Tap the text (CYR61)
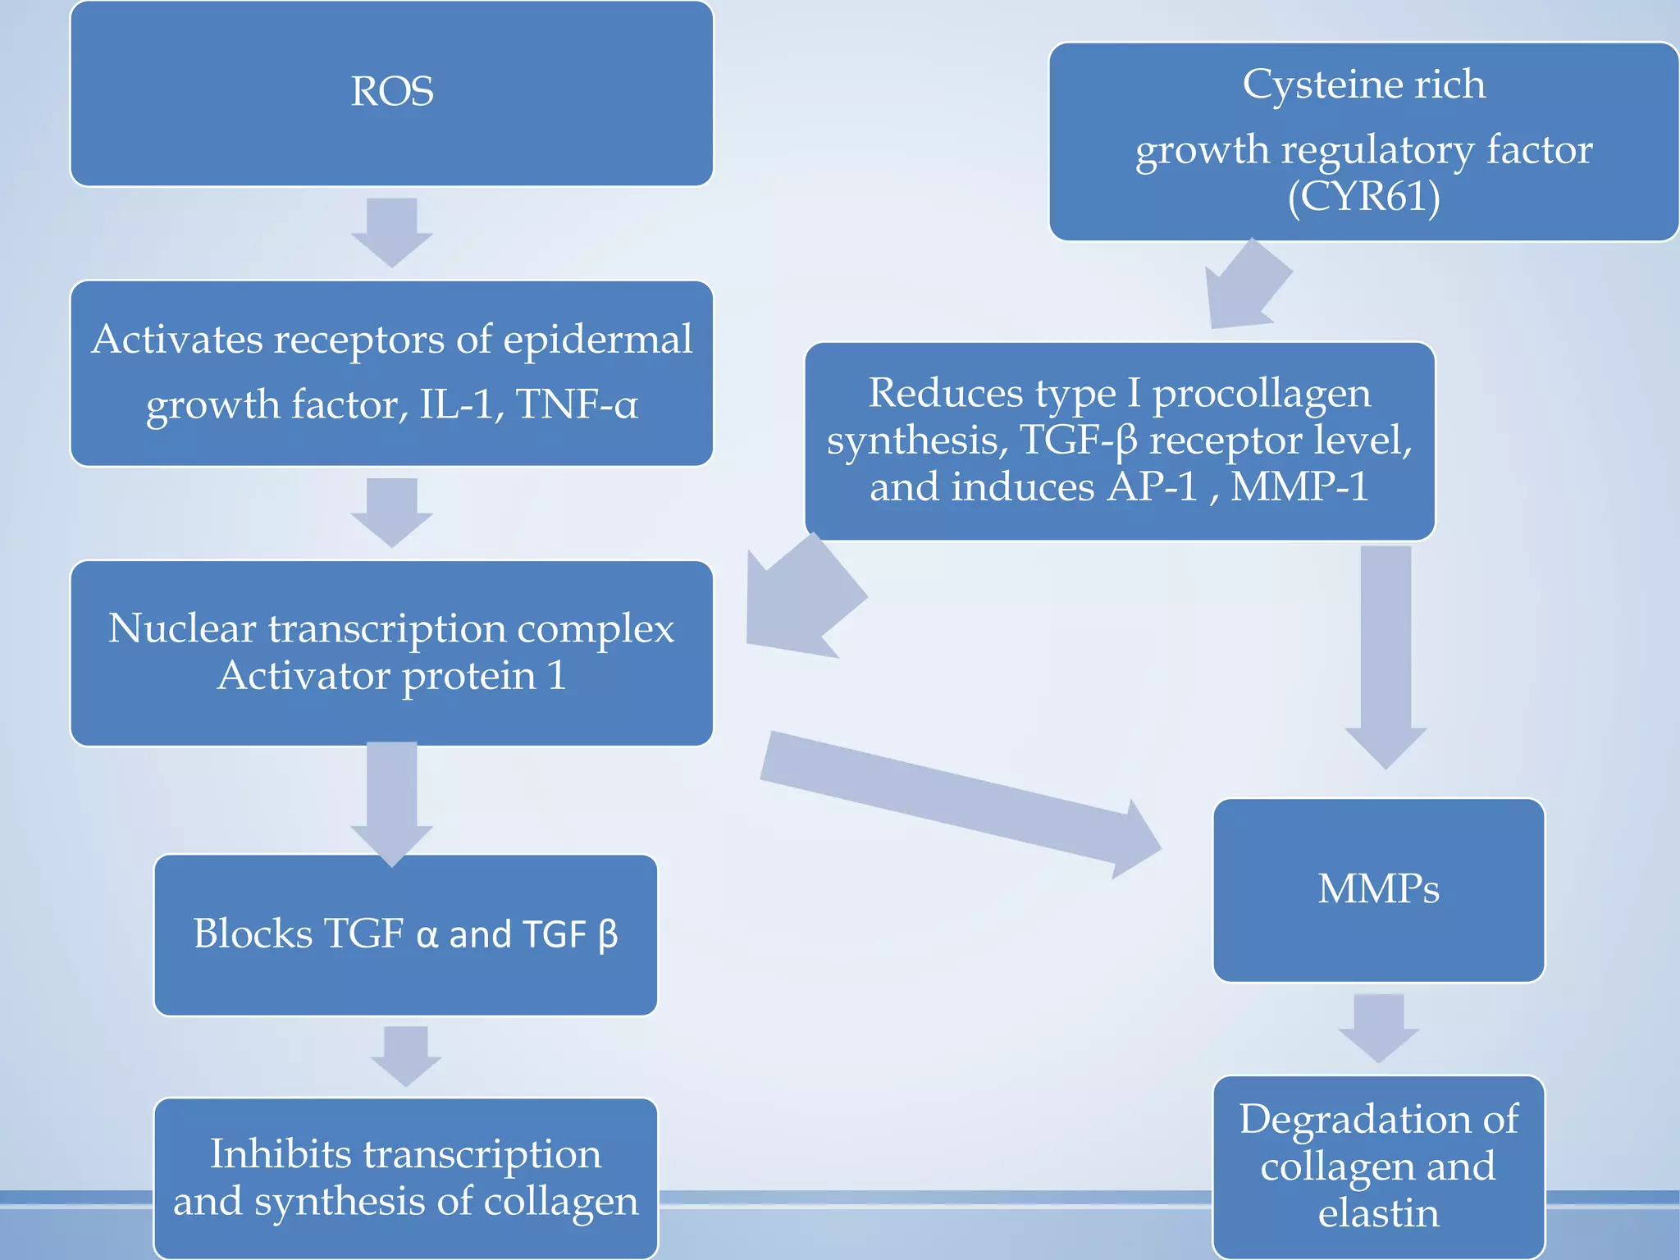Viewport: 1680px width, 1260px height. tap(1363, 197)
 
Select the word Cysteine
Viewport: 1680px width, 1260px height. tap(1303, 84)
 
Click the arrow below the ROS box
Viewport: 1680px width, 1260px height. tap(392, 232)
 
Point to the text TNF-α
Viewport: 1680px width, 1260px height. tap(577, 404)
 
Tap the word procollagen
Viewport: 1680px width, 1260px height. tap(1262, 393)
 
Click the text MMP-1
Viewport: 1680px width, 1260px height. tap(1299, 486)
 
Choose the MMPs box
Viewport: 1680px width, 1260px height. tap(1378, 890)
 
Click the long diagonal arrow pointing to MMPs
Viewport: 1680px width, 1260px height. tap(960, 804)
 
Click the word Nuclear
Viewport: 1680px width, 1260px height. tap(182, 629)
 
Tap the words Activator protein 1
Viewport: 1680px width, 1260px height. tap(391, 676)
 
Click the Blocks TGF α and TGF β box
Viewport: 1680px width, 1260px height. tap(405, 935)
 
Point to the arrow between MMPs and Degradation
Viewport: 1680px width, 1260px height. tap(1378, 1028)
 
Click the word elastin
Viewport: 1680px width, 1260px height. tap(1378, 1212)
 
